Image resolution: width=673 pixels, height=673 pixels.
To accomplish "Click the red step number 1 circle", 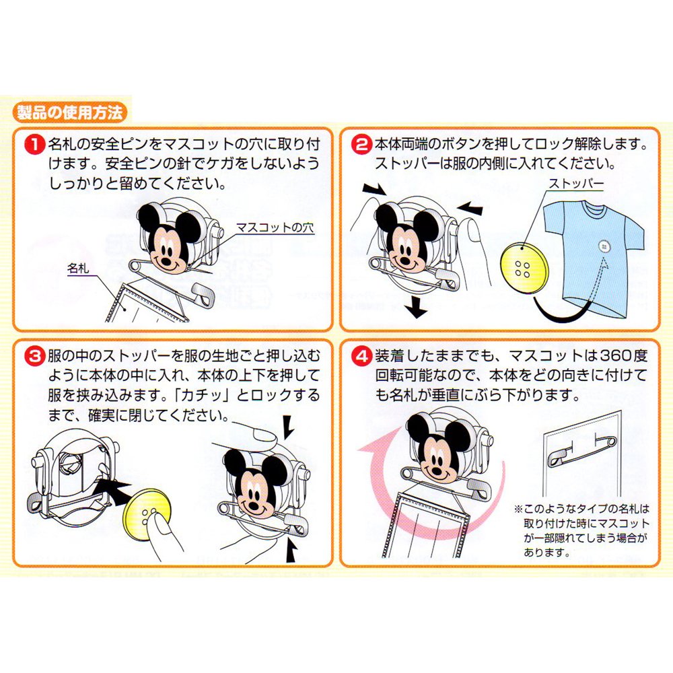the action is (36, 144).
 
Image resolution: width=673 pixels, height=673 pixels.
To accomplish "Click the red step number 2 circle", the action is (362, 144).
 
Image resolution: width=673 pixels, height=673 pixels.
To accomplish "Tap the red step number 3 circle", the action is (36, 356).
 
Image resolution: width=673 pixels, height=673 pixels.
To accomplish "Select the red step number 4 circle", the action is (362, 356).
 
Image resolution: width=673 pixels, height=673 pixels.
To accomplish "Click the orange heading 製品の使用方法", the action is (69, 113).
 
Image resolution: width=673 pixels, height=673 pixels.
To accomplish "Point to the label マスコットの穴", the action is (275, 227).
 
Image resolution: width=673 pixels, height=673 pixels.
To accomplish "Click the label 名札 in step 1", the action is (77, 269).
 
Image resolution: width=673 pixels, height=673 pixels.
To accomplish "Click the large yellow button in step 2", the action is (522, 269).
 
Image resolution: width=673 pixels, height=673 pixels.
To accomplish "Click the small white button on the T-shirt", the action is (604, 247).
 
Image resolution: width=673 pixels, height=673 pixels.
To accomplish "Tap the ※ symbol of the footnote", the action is (518, 509).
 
